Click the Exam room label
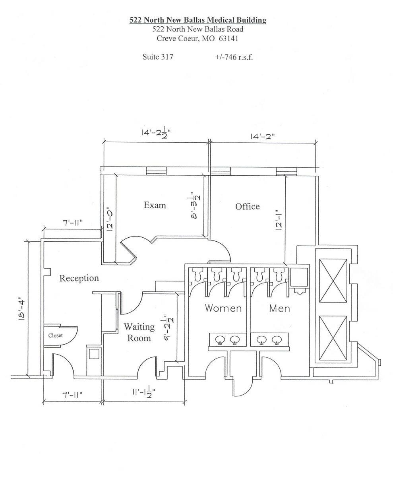(x=155, y=205)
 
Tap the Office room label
(x=247, y=206)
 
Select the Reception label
(x=79, y=278)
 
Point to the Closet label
(x=55, y=335)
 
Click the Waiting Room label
(x=139, y=332)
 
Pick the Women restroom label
(x=223, y=308)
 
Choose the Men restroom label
(x=279, y=308)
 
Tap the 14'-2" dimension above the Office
(x=262, y=136)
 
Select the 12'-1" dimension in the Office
(x=279, y=219)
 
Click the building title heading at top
(x=197, y=20)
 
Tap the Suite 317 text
(x=158, y=56)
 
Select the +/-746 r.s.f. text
(x=234, y=56)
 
